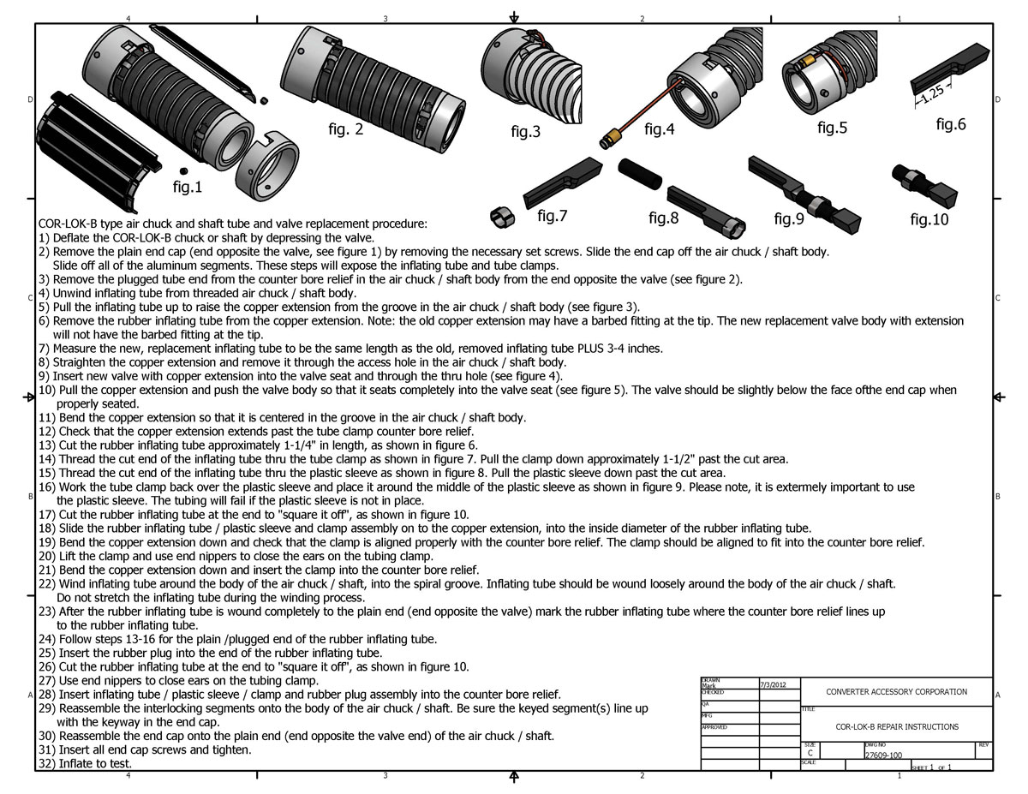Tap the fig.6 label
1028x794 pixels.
click(950, 124)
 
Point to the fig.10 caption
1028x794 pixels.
click(929, 219)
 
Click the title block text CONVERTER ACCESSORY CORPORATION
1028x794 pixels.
click(896, 691)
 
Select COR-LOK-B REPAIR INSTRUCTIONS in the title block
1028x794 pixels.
click(897, 726)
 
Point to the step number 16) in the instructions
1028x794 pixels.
click(47, 487)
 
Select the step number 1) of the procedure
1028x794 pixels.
click(44, 237)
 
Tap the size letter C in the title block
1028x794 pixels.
click(810, 754)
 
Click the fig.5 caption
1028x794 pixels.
click(832, 128)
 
